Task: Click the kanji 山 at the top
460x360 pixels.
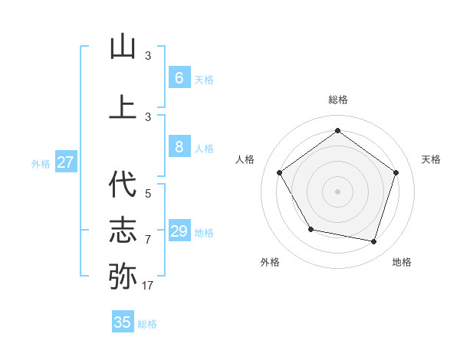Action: (x=123, y=47)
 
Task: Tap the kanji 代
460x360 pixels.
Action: (x=123, y=185)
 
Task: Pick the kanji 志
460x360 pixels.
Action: (x=123, y=230)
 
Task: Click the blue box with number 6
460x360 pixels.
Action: (x=179, y=78)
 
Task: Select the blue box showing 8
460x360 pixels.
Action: (x=179, y=148)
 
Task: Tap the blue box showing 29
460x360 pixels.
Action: (x=179, y=231)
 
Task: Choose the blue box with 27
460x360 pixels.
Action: (x=66, y=162)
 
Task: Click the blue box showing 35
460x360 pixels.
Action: (x=123, y=322)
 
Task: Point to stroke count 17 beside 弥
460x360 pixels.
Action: (x=147, y=286)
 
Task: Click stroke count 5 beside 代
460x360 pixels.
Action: (x=148, y=194)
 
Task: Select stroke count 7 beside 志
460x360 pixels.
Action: (x=148, y=240)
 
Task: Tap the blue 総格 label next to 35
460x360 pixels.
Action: (x=147, y=324)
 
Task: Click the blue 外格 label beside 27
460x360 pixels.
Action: (x=41, y=163)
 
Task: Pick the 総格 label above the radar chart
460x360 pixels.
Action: (x=337, y=100)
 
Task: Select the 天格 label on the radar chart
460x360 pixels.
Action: (x=431, y=159)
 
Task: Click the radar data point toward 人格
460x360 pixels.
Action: (x=280, y=173)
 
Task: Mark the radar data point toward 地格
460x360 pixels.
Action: (x=374, y=242)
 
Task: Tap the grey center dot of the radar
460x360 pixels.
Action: (x=337, y=191)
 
